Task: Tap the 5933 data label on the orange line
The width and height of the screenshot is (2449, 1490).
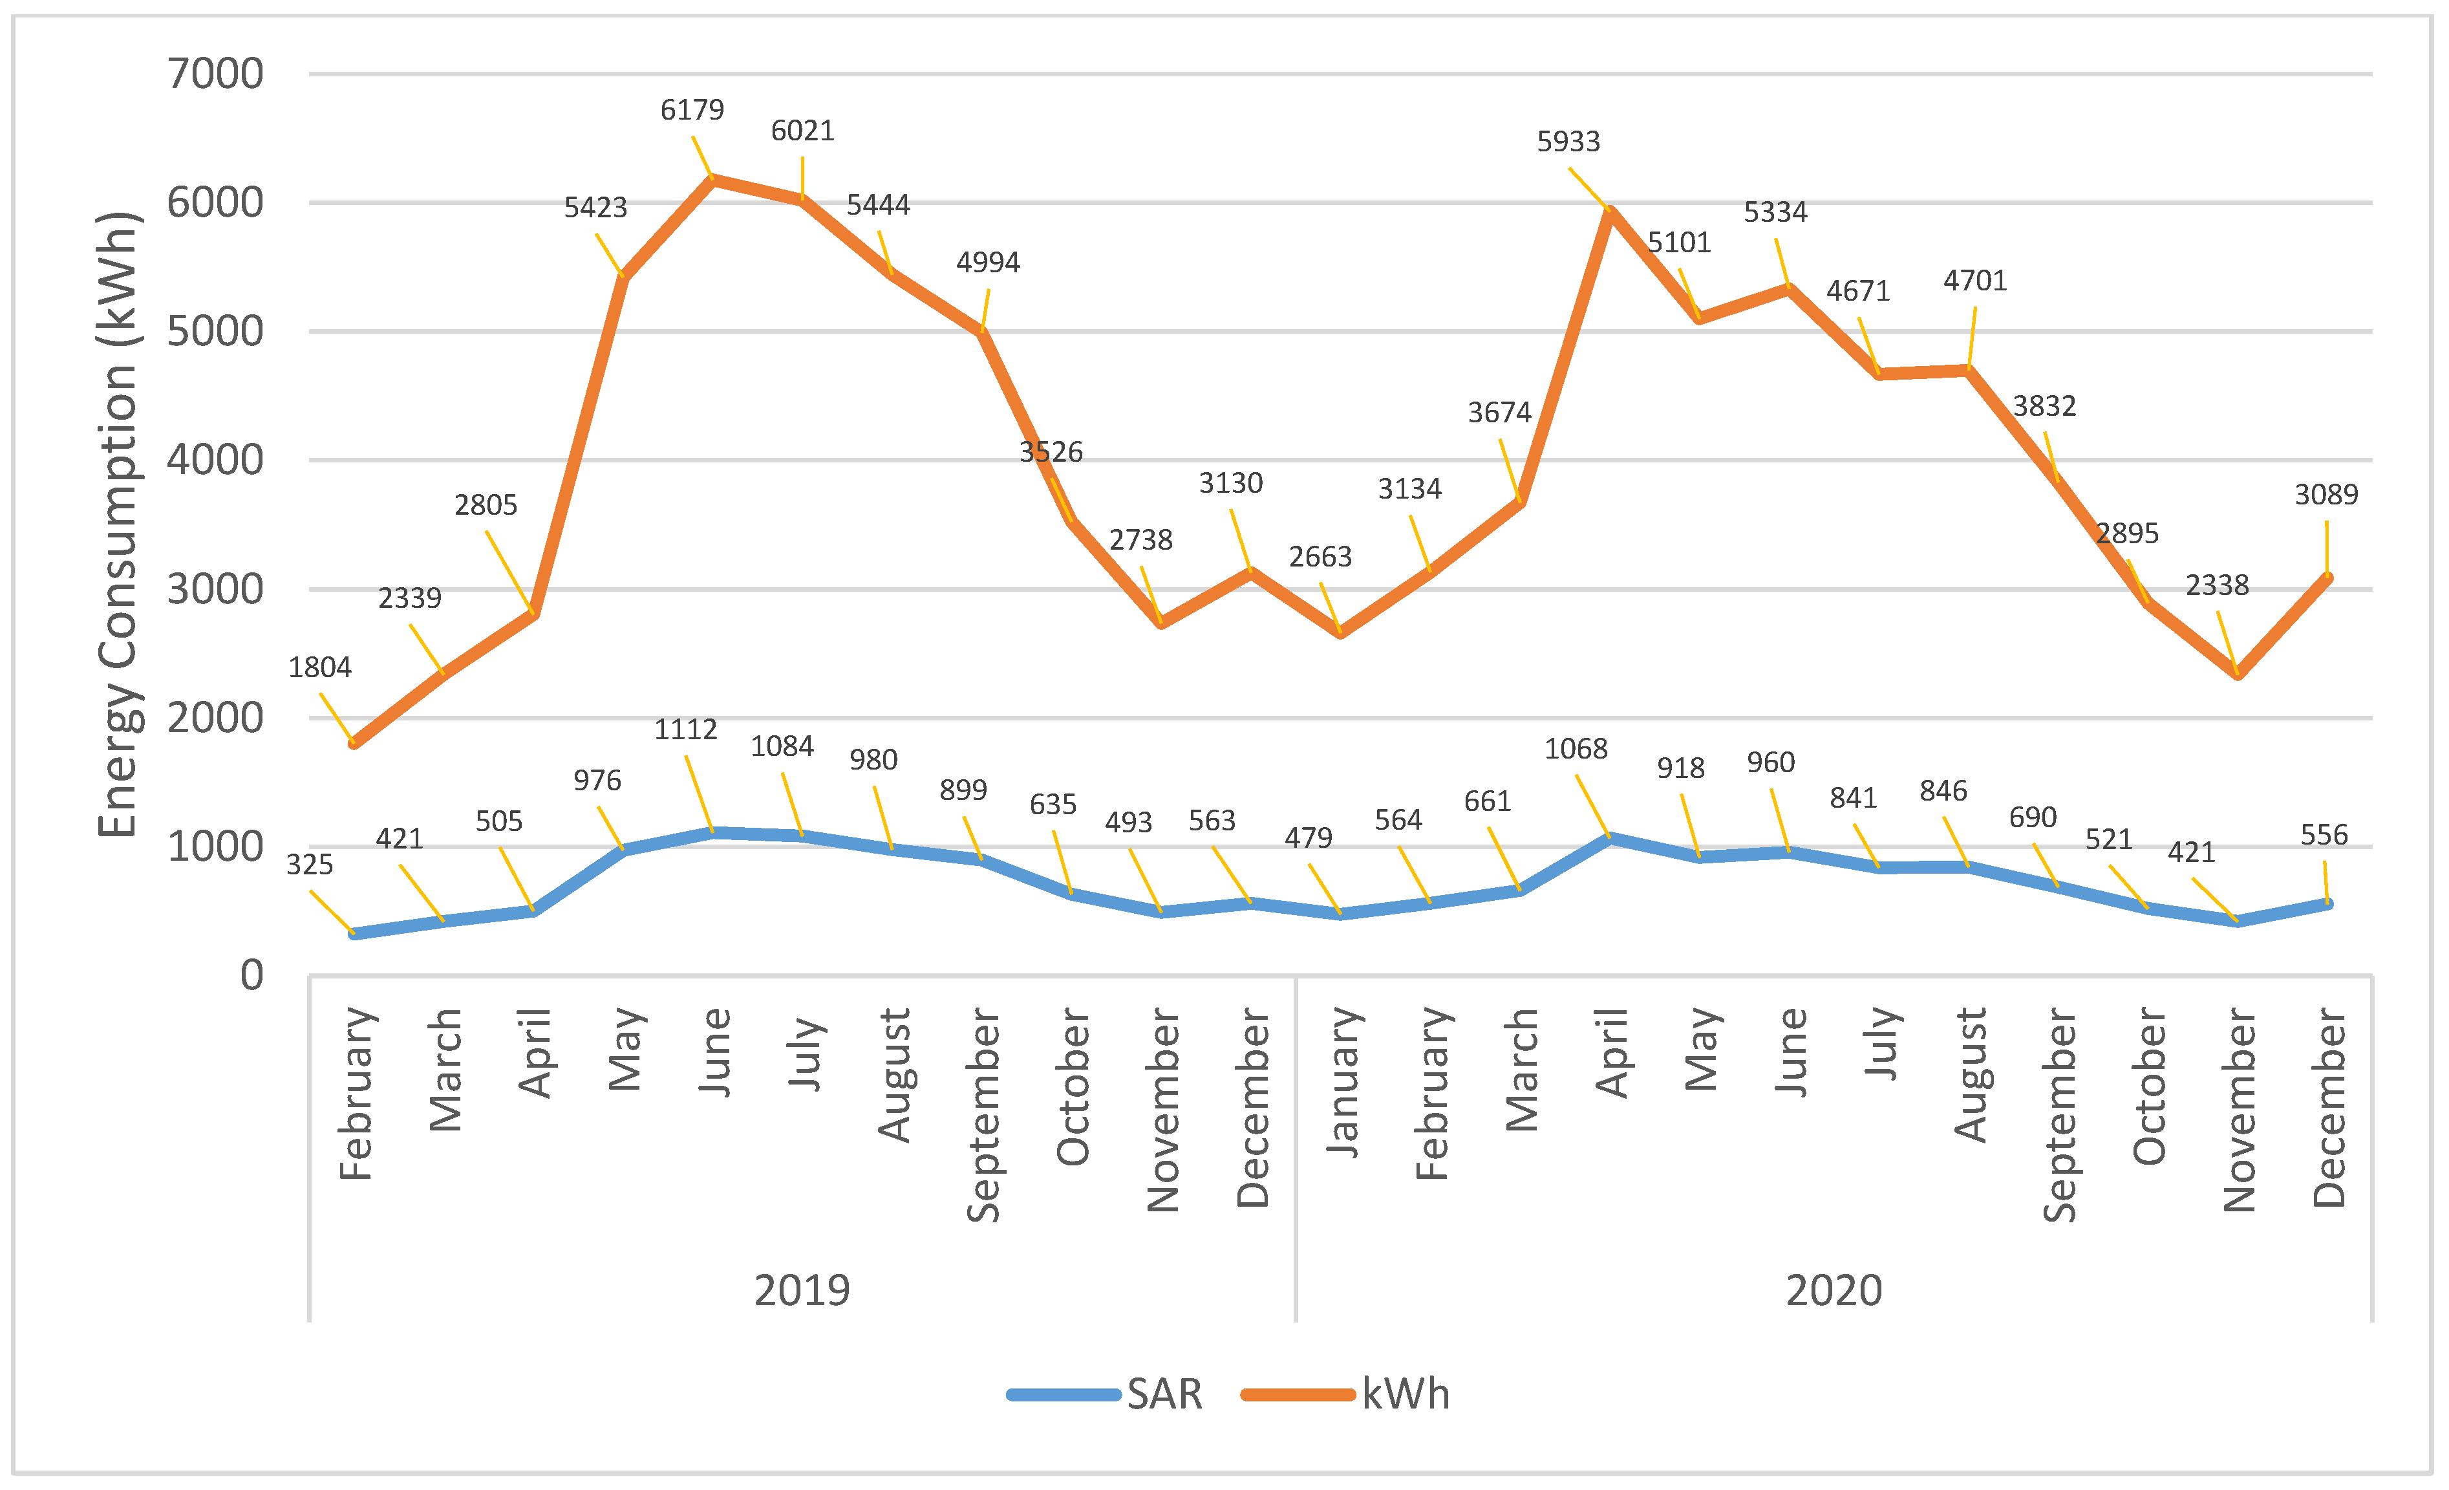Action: [1568, 141]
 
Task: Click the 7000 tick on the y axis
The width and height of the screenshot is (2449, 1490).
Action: [215, 74]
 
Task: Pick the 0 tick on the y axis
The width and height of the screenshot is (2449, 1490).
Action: [251, 975]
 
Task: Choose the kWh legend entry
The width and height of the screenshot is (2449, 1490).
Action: [1404, 1394]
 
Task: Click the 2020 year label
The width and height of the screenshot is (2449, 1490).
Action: [1833, 1290]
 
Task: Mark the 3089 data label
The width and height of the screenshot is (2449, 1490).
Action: [2325, 494]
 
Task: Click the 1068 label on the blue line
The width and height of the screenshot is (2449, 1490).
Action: [1576, 748]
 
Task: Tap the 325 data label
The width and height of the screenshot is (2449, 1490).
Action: [309, 865]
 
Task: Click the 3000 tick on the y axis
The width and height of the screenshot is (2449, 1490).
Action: [215, 589]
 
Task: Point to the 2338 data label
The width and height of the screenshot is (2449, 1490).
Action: [2216, 585]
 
